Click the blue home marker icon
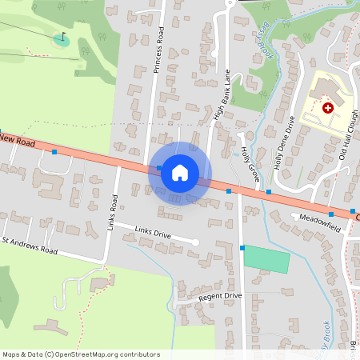tap(179, 173)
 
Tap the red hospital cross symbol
tap(326, 107)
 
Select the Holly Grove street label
tap(250, 162)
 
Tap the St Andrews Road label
tap(30, 245)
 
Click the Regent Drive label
tap(220, 296)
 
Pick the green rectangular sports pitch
tap(266, 258)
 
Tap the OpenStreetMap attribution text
tap(81, 354)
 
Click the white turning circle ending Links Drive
tap(195, 242)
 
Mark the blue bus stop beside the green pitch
tap(242, 249)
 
